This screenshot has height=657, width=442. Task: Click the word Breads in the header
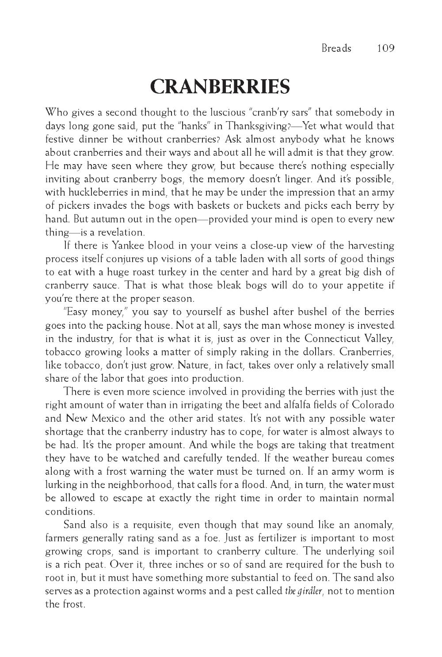pyautogui.click(x=336, y=48)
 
